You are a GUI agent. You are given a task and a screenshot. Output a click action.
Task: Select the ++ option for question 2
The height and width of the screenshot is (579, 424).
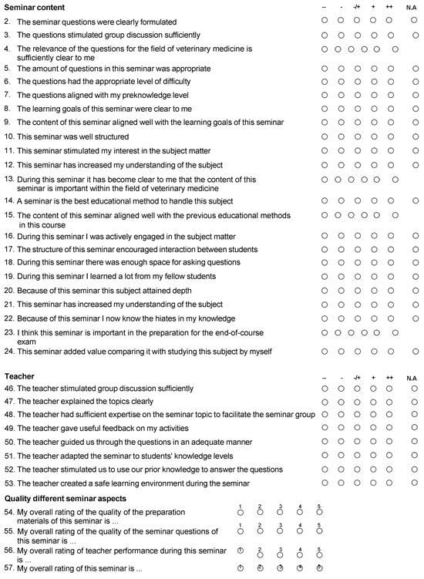click(x=391, y=22)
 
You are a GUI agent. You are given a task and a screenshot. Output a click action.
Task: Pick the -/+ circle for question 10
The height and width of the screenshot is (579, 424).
click(x=357, y=136)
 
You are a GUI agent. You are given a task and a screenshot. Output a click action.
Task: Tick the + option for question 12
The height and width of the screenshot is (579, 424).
click(x=374, y=164)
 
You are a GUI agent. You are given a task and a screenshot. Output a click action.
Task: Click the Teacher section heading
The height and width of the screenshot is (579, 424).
click(x=19, y=376)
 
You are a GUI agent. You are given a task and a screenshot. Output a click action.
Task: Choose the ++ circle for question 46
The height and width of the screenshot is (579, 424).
click(x=391, y=390)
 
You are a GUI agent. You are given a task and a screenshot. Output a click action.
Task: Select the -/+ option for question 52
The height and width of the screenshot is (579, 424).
click(x=357, y=469)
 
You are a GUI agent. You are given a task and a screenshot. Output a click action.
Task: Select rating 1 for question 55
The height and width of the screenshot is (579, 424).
click(x=241, y=531)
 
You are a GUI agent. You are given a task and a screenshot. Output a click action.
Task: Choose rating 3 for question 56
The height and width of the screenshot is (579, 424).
click(x=280, y=550)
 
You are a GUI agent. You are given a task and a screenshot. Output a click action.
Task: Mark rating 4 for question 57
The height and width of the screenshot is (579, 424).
click(x=300, y=567)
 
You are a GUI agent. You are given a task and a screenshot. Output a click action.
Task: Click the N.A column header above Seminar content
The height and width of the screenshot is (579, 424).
click(x=412, y=8)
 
